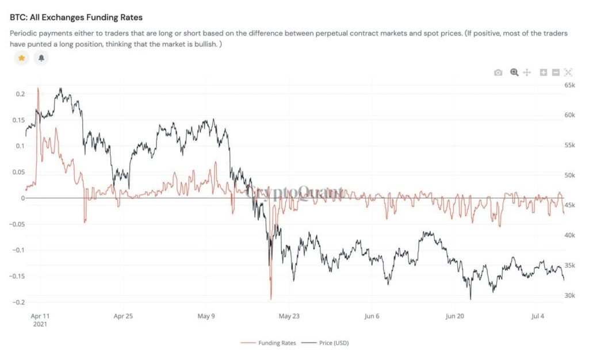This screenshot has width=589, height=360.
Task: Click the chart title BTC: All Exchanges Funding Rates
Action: pyautogui.click(x=76, y=18)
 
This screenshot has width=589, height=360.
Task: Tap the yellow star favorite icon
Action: pyautogui.click(x=21, y=58)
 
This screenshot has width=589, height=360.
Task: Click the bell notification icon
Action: pyautogui.click(x=41, y=58)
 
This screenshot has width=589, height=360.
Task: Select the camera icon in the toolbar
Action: pyautogui.click(x=498, y=72)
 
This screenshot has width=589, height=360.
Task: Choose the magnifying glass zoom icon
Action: pyautogui.click(x=514, y=72)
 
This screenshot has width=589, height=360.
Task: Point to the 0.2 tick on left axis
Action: pyautogui.click(x=20, y=94)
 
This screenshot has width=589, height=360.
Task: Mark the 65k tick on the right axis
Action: pyautogui.click(x=569, y=85)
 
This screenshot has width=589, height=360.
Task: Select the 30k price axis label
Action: pyautogui.click(x=569, y=296)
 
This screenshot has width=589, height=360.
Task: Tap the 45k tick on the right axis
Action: pyautogui.click(x=569, y=205)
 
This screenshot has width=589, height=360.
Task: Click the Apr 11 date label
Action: pyautogui.click(x=39, y=316)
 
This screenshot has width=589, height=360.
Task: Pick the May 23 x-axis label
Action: pyautogui.click(x=289, y=316)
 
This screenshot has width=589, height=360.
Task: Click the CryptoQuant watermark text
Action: pyautogui.click(x=294, y=193)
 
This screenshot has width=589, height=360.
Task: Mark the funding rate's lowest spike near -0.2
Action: pyautogui.click(x=270, y=298)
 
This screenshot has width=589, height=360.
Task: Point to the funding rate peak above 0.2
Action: pyautogui.click(x=38, y=89)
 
